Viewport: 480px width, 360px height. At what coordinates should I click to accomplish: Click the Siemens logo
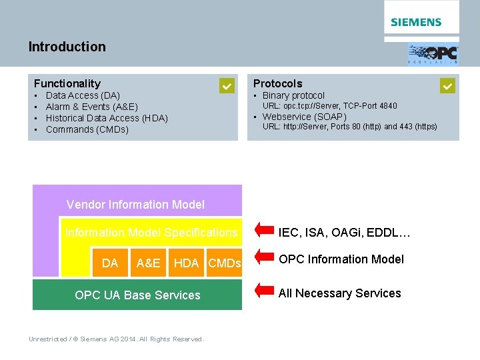tap(416, 22)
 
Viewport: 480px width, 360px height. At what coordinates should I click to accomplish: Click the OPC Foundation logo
tap(433, 53)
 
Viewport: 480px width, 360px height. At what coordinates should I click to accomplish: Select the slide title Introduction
tap(67, 47)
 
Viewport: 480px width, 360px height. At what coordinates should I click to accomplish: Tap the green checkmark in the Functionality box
tap(227, 86)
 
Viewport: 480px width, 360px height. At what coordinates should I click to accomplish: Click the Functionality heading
tap(67, 83)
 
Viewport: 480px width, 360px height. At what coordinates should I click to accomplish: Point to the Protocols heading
tap(277, 83)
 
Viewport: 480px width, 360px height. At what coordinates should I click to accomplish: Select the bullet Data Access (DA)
tap(83, 95)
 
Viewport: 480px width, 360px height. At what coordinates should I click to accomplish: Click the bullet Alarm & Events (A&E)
tap(91, 107)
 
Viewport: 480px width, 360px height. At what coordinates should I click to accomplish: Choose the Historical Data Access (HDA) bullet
tap(107, 118)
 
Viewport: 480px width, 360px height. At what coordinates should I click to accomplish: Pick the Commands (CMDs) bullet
tap(87, 129)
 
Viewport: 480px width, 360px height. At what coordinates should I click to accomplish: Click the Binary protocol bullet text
tap(293, 95)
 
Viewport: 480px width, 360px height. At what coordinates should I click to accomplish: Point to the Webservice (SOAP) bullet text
tap(304, 117)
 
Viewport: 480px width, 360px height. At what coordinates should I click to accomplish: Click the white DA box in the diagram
tap(110, 263)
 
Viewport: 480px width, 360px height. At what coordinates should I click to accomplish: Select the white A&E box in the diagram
tap(148, 263)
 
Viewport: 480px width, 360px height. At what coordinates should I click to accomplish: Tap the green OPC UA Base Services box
tap(137, 295)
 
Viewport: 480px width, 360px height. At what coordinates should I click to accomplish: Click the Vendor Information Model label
tap(135, 205)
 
